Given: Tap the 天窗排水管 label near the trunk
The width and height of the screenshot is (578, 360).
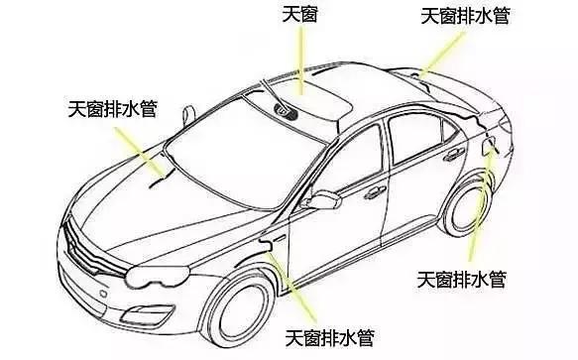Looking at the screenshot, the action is tap(466, 17).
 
